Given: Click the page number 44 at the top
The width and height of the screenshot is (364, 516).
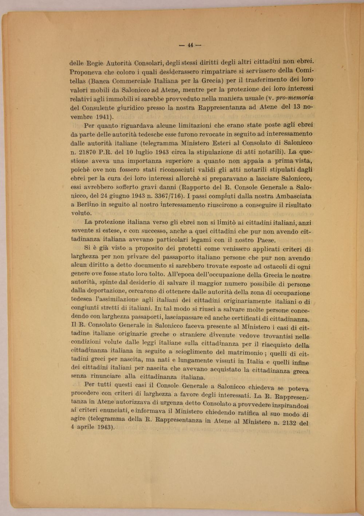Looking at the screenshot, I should pyautogui.click(x=190, y=45).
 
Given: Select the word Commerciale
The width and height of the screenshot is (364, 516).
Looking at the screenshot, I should pyautogui.click(x=139, y=80).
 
